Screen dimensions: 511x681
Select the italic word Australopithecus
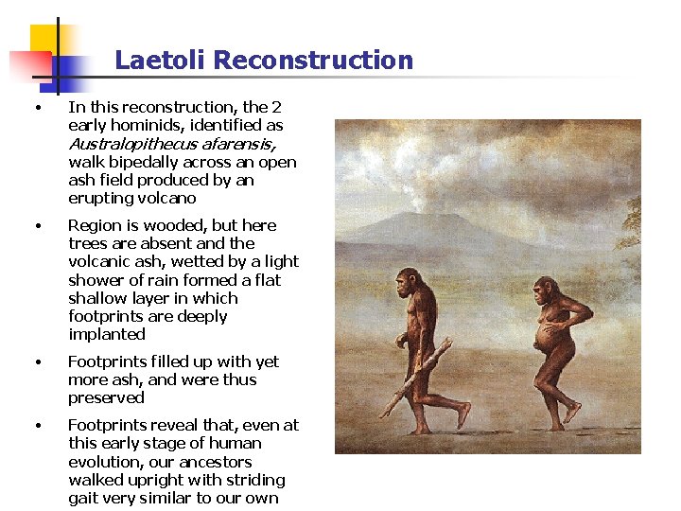point(131,144)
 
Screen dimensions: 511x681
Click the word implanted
point(107,334)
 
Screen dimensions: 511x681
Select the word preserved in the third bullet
point(106,397)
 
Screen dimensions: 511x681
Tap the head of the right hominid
point(545,289)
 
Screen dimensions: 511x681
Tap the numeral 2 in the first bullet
point(276,108)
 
